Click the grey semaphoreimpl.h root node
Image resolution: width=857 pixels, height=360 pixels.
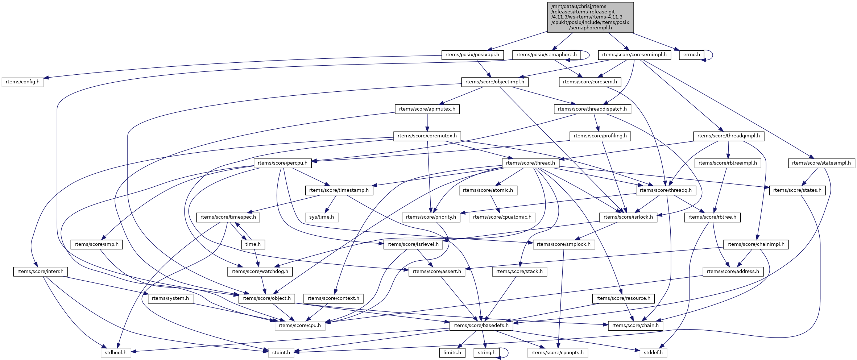coord(590,17)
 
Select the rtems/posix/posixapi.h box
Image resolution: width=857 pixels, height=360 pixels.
coord(472,55)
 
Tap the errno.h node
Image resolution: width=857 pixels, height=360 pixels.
coord(691,55)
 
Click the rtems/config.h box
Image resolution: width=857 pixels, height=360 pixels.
coord(22,82)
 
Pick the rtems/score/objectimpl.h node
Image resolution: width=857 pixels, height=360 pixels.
coord(494,82)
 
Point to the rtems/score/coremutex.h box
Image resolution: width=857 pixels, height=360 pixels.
coord(427,136)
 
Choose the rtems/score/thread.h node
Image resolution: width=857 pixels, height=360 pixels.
coord(530,163)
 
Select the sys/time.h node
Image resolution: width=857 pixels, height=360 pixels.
coord(322,217)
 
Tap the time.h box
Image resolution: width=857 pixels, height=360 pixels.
coord(253,244)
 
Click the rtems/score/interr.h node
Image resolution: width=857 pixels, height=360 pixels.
coord(40,272)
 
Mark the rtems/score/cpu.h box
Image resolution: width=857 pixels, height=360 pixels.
coord(300,326)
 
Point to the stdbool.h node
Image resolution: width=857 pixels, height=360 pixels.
coord(116,352)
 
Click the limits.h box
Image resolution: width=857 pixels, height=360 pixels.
coord(452,352)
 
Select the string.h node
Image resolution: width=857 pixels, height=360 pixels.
coord(487,352)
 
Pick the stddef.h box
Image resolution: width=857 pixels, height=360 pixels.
coord(653,352)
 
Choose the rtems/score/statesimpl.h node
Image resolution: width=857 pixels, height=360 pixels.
coord(821,163)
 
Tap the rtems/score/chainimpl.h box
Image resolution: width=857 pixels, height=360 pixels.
coord(755,244)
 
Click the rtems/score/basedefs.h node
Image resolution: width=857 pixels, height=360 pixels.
coord(481,326)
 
